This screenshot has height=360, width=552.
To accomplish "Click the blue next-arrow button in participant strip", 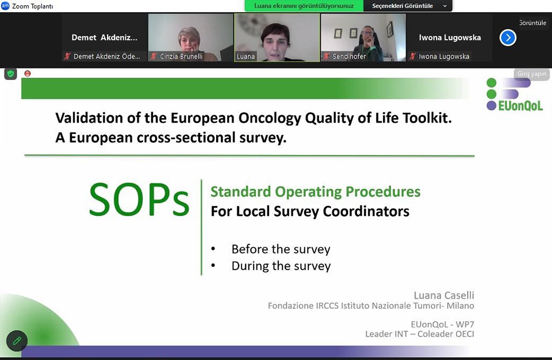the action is (508, 38).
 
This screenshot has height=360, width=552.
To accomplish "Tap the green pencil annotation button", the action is (17, 340).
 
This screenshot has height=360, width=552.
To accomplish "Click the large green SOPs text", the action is (139, 200).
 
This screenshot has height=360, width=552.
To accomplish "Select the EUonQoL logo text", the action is (520, 106).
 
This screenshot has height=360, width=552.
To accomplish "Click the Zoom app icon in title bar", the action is (5, 6).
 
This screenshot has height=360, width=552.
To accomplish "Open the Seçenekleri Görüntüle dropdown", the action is (408, 6).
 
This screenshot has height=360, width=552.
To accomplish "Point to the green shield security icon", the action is (10, 74).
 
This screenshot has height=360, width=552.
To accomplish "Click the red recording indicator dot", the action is (28, 73).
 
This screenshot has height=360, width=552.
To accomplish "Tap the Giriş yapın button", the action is (531, 74).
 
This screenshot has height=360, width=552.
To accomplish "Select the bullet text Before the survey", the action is (281, 249).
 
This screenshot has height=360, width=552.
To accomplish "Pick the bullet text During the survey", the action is (281, 266).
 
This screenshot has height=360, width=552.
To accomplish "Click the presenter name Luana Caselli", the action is (443, 295).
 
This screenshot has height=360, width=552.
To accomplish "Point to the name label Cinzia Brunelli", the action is (181, 56).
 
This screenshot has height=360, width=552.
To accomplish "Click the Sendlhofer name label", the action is (349, 56).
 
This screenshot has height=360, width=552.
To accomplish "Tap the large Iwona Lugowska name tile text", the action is (450, 38).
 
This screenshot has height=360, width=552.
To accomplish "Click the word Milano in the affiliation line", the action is (461, 306).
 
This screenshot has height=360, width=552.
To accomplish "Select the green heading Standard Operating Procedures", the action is (316, 192).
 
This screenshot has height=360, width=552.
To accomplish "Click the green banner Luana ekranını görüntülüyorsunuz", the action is (304, 6).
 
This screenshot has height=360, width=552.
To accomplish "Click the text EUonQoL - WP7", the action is (442, 324).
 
